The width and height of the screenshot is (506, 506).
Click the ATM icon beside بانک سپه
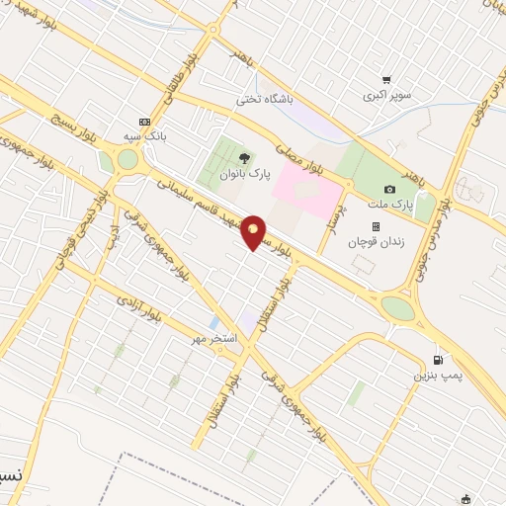[146, 122]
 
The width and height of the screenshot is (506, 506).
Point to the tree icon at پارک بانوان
[244, 157]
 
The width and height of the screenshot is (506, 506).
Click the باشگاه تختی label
[262, 100]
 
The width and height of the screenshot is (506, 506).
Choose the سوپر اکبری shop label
[385, 96]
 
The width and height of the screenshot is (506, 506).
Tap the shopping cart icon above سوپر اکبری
[386, 80]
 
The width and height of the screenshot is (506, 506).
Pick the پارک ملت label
[388, 204]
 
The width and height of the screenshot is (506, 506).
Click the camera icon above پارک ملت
[389, 189]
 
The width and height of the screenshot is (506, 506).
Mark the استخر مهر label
[215, 339]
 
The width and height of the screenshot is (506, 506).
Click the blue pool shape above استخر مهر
[214, 323]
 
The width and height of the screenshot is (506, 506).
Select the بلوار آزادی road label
[137, 305]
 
